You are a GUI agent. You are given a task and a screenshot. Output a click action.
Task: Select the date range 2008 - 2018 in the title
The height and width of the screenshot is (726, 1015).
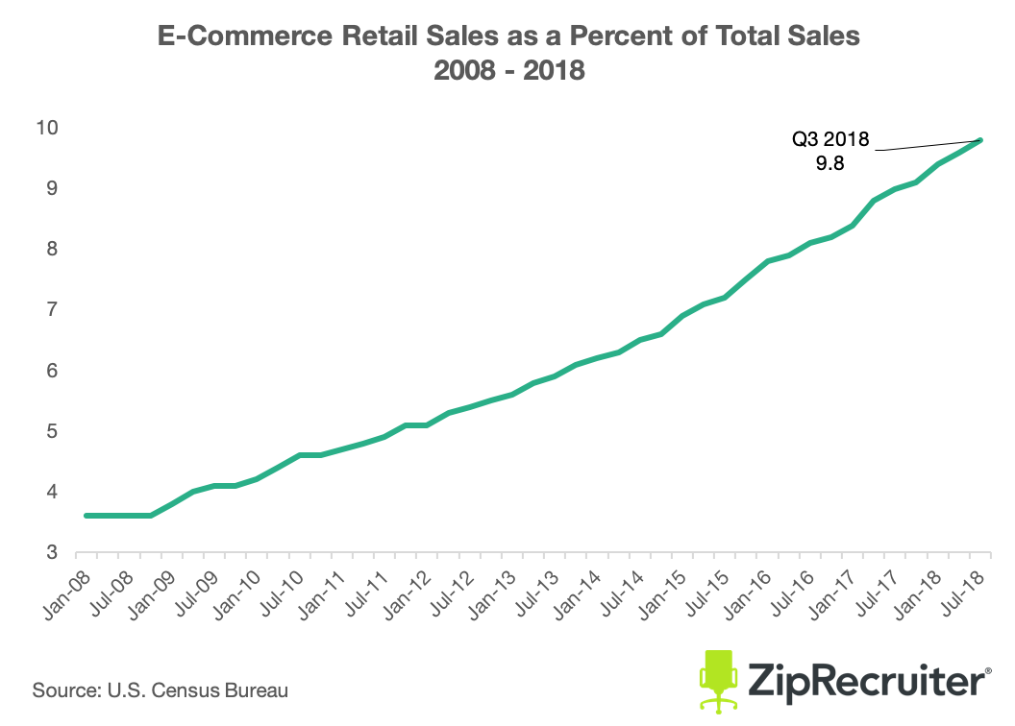pyautogui.click(x=509, y=70)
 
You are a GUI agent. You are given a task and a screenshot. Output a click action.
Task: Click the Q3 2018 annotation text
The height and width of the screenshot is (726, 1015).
pyautogui.click(x=830, y=140)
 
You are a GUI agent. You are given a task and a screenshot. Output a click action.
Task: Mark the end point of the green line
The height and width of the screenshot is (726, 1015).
pyautogui.click(x=980, y=140)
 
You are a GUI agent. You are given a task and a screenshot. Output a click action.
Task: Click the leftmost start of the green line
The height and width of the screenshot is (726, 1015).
pyautogui.click(x=87, y=516)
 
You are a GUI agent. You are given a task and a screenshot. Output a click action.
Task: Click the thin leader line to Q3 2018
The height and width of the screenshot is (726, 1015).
pyautogui.click(x=928, y=145)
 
